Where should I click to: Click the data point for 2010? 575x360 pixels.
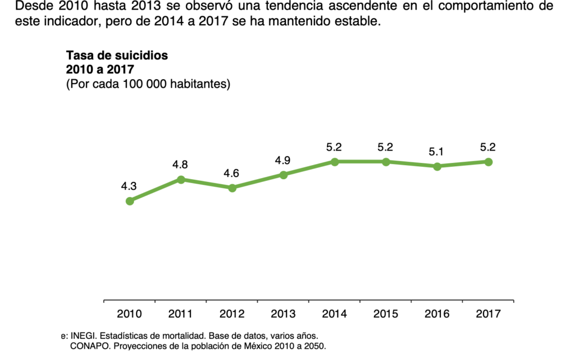pos(130,200)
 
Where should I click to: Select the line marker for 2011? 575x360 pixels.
pos(181,179)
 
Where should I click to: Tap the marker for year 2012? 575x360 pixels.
pos(232,188)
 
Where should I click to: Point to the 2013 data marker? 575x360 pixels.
pos(284,175)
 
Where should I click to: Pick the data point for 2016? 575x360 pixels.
pos(437,166)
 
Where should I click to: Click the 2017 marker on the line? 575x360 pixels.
pos(489,162)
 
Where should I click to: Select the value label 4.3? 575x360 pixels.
pos(129,186)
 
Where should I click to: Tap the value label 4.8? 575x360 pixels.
pos(181,165)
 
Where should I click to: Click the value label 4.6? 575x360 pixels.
pos(231,174)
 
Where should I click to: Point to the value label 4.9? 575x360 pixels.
pos(283,161)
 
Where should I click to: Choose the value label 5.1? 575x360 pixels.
pos(437,152)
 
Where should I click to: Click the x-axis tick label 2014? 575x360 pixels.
pos(335,314)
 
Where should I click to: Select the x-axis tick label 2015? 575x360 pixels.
pos(386,314)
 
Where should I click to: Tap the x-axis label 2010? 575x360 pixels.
pos(130,314)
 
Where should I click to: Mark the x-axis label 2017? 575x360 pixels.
pos(489,314)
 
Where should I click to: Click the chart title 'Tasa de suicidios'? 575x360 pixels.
pos(117,56)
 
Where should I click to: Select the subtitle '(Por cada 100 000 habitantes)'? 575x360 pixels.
pos(148,84)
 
